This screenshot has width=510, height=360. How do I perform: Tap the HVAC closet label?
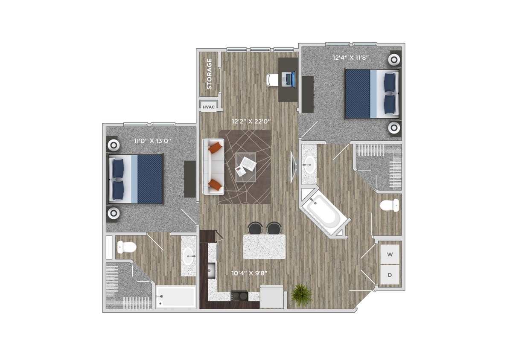(x=209, y=107)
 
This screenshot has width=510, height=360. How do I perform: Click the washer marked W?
(x=390, y=255)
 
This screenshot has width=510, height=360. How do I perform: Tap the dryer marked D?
(x=390, y=275)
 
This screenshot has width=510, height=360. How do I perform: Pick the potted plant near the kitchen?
(x=302, y=295)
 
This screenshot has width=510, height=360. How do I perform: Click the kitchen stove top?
(x=239, y=295)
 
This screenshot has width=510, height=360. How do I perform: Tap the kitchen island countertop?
(x=264, y=247)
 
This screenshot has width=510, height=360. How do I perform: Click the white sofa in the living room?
(x=213, y=166)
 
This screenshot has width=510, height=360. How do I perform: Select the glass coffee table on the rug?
(x=246, y=166)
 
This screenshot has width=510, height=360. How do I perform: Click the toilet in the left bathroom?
(x=126, y=247)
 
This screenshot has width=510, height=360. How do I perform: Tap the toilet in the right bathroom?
(x=389, y=205)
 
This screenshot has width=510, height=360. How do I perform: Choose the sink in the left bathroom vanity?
(x=188, y=257)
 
